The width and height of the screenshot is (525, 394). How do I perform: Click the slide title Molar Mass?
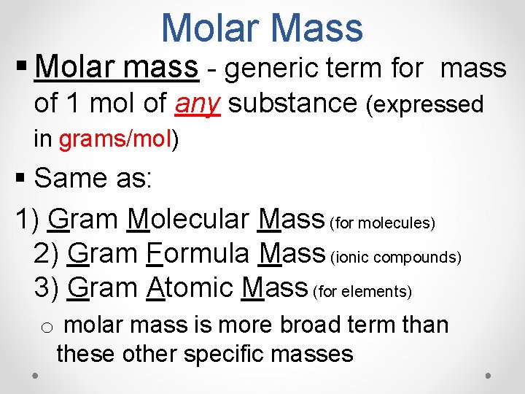point(262,28)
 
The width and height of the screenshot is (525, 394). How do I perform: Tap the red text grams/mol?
point(116,139)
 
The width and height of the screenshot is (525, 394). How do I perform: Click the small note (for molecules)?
point(383,222)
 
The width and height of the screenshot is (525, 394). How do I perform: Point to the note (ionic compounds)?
point(396,257)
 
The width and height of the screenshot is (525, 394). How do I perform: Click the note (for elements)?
point(362,292)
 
